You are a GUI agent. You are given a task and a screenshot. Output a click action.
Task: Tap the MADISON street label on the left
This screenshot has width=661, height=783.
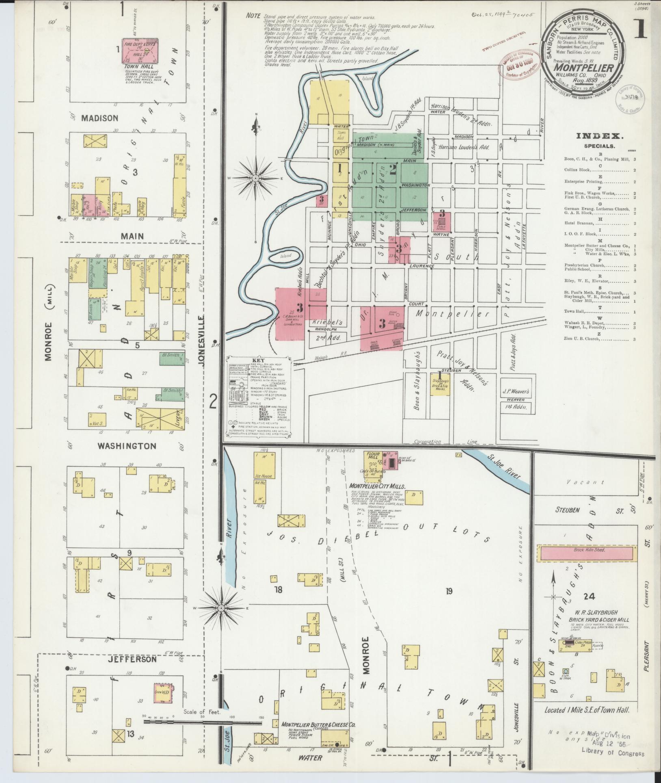pos(99,118)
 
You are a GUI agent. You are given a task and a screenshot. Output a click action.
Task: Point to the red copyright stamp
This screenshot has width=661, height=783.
pos(518,65)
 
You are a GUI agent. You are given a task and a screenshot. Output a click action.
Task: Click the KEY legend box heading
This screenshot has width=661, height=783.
pos(258,360)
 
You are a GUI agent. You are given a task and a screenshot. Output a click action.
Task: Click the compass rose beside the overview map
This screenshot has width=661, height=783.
pos(256,178)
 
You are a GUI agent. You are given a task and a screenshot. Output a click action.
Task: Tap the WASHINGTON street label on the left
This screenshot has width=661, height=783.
pos(127,446)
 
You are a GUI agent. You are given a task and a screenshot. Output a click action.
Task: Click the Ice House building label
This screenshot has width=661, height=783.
pos(264,476)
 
